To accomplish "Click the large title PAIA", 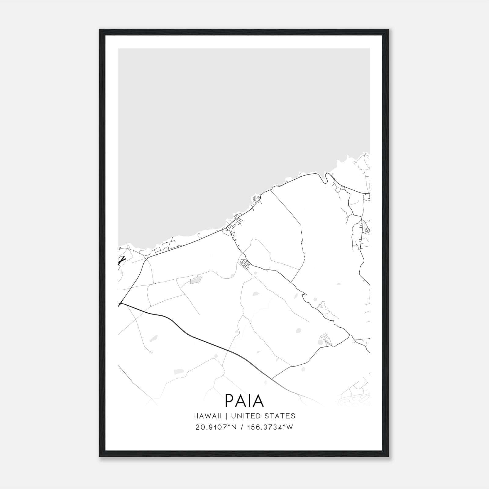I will [244, 400].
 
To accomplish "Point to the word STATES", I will [281, 416].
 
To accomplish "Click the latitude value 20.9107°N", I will [216, 427].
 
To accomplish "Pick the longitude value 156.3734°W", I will [271, 427].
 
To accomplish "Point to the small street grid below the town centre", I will [245, 263].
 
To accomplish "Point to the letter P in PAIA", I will [230, 400].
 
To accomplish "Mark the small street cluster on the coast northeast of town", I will [257, 199].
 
